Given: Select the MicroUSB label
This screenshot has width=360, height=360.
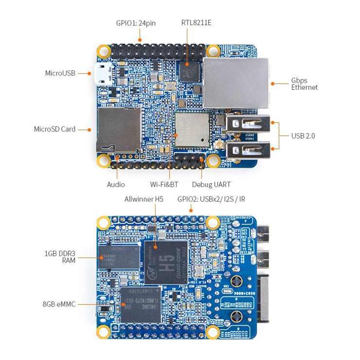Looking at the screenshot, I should click(x=60, y=73).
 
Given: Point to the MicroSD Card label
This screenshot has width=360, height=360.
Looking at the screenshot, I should click(x=54, y=129).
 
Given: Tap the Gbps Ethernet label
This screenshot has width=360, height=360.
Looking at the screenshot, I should click(x=304, y=84).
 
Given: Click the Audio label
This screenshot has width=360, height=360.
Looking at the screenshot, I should click(x=116, y=184).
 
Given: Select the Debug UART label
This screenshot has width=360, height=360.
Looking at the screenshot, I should click(x=211, y=184).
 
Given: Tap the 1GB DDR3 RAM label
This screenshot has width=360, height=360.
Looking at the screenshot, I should click(x=60, y=257).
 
